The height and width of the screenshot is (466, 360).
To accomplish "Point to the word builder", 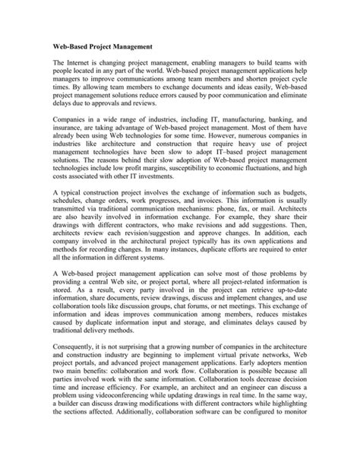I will (x=74, y=457).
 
